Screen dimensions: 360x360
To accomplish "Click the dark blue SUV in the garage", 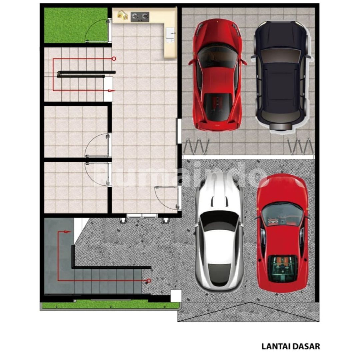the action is (281, 76).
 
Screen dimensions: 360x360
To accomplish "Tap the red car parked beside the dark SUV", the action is (217, 75).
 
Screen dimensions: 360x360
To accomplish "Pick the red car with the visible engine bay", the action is (282, 233).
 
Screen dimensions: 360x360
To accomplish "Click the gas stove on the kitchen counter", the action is (140, 17).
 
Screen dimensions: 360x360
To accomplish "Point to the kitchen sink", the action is (170, 35).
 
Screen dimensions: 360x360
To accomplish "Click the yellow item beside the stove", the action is (122, 15).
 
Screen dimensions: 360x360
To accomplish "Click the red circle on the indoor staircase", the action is (114, 59).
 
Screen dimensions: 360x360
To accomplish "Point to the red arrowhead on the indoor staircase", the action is (112, 91).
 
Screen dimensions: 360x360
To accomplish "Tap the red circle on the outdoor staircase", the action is (149, 281).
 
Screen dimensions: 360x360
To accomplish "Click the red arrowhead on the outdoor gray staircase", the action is (68, 232).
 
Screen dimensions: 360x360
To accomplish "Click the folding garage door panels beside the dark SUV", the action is (300, 146).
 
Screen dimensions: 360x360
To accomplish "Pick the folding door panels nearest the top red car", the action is (196, 146).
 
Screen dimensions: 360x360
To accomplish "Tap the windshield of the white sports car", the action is (219, 221).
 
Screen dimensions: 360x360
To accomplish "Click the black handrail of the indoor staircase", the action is (86, 74).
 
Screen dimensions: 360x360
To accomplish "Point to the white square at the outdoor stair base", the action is (176, 296).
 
